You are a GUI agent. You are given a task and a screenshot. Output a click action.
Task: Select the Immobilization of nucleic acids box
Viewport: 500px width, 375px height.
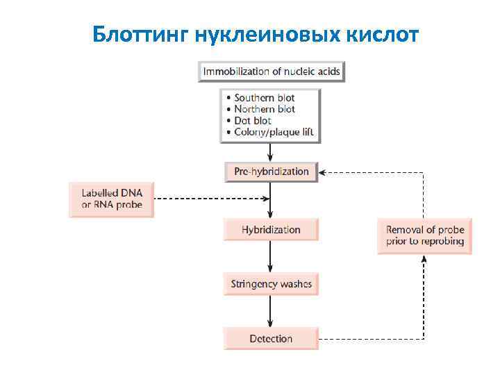(x=272, y=71)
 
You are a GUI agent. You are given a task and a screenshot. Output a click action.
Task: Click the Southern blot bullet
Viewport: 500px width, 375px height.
(x=265, y=98)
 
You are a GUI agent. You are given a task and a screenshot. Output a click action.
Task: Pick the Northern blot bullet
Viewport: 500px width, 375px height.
(x=265, y=109)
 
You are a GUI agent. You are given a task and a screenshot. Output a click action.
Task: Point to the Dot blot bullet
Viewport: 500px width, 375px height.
(x=253, y=121)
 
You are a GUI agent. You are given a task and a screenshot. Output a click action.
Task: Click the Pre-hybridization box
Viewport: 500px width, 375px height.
(x=271, y=172)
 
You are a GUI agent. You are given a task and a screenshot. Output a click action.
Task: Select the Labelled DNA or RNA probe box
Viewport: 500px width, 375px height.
(x=111, y=199)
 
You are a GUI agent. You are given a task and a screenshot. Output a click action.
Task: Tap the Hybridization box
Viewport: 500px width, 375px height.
(x=271, y=229)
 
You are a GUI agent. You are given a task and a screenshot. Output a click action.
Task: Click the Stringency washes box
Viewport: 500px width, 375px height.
(x=271, y=283)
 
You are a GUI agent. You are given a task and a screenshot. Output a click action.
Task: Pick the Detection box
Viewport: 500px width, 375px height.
(x=271, y=339)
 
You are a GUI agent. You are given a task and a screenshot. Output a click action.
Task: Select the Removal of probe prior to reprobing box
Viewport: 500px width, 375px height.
(x=424, y=236)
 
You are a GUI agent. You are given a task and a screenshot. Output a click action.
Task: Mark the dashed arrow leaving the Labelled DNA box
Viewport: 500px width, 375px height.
(x=208, y=199)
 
